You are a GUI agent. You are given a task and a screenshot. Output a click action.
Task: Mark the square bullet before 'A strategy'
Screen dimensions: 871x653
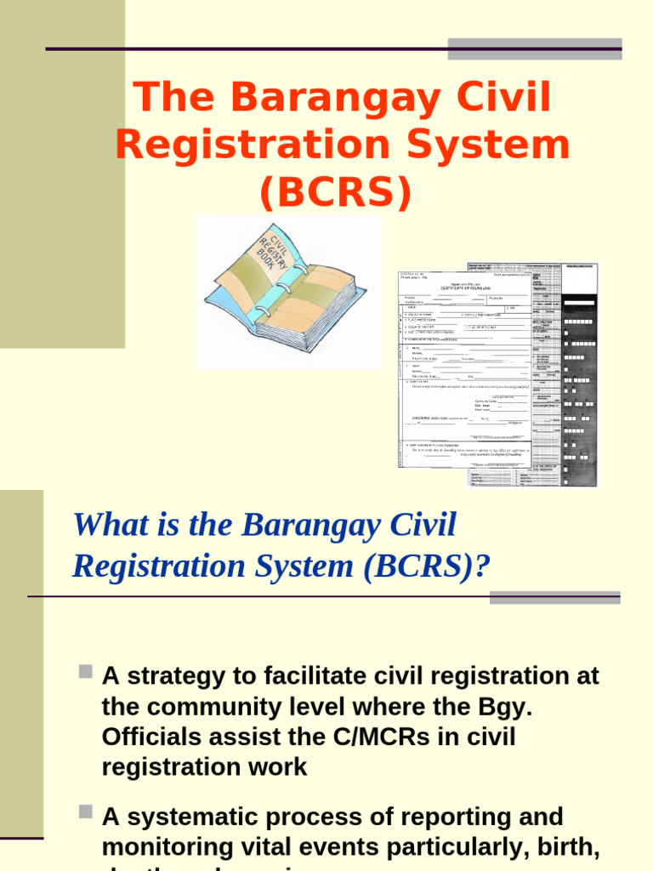click(x=85, y=672)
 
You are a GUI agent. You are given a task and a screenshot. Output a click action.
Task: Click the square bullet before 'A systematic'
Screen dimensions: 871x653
click(x=85, y=812)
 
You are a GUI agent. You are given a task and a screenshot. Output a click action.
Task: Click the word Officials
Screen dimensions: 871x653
click(x=150, y=737)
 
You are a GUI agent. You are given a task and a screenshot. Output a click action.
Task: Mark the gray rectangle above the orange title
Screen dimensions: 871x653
click(x=535, y=48)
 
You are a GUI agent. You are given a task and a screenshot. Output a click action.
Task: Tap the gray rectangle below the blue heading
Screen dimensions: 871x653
click(x=554, y=597)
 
